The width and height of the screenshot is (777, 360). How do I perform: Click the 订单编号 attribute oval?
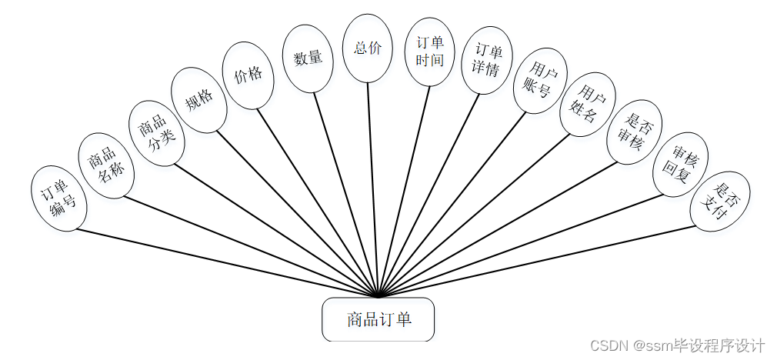coord(58,198)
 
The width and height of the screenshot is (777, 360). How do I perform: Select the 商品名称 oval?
coord(106,166)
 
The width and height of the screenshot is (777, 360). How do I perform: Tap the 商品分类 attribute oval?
coord(156,132)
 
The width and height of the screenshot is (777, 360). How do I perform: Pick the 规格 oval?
coord(199,100)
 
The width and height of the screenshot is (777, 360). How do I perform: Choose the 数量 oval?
coord(308,58)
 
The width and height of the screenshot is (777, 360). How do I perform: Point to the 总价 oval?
coord(368,48)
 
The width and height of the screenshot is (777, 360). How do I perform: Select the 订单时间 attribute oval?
coord(429,51)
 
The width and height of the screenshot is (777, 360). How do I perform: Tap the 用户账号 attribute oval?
coord(540,80)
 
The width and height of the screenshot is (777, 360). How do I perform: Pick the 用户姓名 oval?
coord(587,105)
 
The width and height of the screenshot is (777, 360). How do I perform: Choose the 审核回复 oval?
coord(680,165)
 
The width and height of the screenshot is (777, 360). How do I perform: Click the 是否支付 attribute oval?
coord(720,200)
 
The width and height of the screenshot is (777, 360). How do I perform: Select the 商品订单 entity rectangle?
coord(378,319)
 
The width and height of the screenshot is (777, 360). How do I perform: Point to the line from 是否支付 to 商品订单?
coord(539,260)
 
